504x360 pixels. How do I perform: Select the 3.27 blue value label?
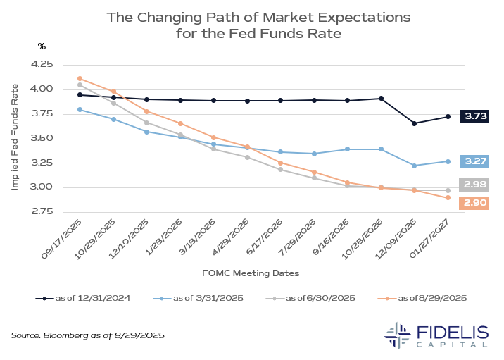(x=474, y=161)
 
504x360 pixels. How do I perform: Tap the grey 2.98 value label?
(x=474, y=185)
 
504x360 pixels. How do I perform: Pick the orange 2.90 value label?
(x=474, y=203)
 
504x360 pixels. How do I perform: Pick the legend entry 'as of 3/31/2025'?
(x=200, y=298)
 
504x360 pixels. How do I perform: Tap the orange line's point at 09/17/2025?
(x=80, y=78)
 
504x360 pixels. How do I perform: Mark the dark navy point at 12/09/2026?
(x=414, y=123)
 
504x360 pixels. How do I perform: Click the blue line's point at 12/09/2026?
(x=414, y=166)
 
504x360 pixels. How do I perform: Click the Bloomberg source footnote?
(x=88, y=336)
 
